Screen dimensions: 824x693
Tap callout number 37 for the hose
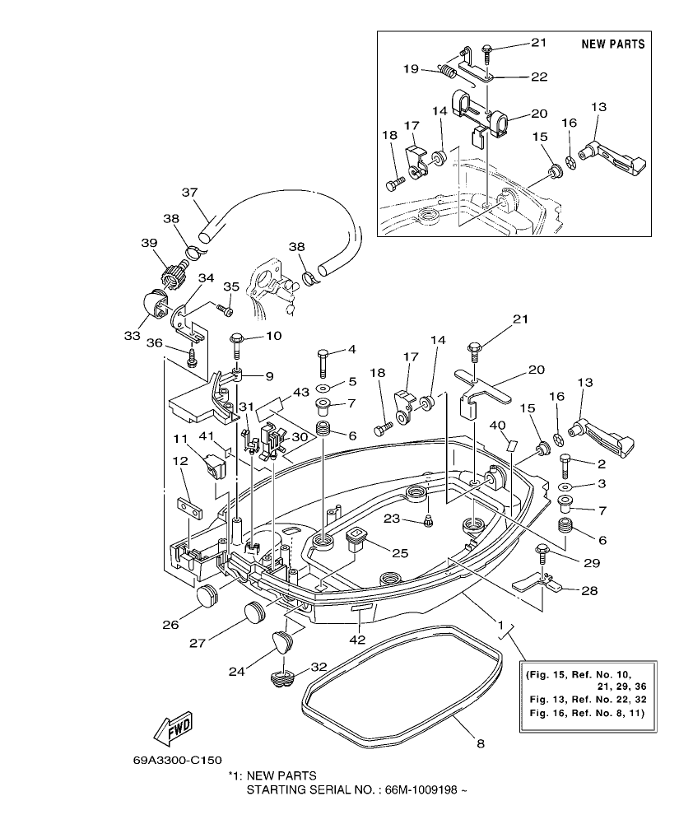tap(190, 193)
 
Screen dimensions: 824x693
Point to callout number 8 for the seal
tap(481, 743)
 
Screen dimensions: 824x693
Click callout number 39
tap(148, 243)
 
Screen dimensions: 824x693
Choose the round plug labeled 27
tap(255, 613)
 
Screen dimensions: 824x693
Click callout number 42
tap(358, 638)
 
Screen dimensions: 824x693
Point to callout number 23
tap(391, 519)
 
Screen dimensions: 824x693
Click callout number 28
tap(589, 591)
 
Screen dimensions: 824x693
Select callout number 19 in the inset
tap(411, 70)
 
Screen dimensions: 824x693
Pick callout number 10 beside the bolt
tap(272, 336)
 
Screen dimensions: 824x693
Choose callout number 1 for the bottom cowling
tap(499, 625)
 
